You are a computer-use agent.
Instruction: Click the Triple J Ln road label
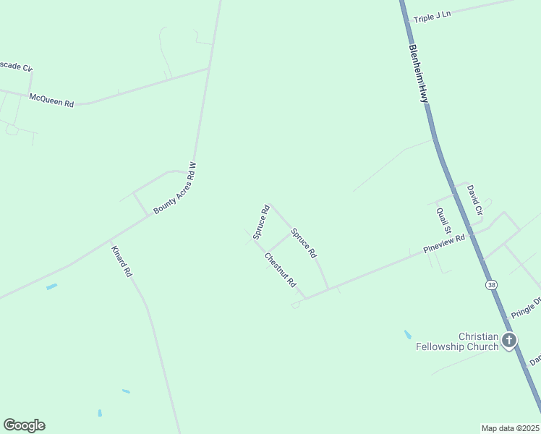pyautogui.click(x=432, y=16)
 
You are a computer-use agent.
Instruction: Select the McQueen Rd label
pyautogui.click(x=51, y=100)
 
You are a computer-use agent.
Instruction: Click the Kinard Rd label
pyautogui.click(x=122, y=262)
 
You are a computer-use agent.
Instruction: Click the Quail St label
pyautogui.click(x=443, y=220)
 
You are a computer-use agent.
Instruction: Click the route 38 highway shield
pyautogui.click(x=492, y=285)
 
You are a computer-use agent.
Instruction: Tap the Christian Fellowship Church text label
pyautogui.click(x=457, y=341)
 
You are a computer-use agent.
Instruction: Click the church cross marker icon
pyautogui.click(x=509, y=339)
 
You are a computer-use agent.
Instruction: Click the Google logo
pyautogui.click(x=24, y=425)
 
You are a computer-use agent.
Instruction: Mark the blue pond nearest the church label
pyautogui.click(x=408, y=335)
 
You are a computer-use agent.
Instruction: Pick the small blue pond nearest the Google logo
pyautogui.click(x=100, y=413)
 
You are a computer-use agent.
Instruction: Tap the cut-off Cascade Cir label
pyautogui.click(x=16, y=67)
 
